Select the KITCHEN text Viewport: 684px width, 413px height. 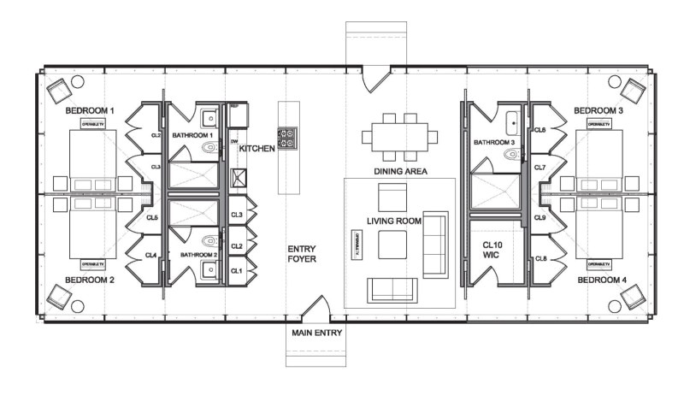[256, 149]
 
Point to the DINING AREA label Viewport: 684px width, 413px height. [400, 171]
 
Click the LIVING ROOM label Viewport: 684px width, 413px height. [395, 221]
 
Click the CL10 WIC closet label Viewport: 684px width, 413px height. [489, 250]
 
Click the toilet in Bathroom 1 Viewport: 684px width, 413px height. [207, 148]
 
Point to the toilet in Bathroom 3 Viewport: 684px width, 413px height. [512, 156]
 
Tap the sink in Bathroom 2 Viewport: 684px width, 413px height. [208, 270]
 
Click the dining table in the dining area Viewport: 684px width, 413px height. [395, 136]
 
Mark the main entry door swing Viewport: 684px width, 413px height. [313, 307]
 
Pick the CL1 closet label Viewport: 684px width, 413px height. [237, 271]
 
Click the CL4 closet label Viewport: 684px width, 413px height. [150, 255]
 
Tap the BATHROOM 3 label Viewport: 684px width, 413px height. [494, 142]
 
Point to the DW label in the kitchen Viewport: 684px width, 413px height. [233, 142]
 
